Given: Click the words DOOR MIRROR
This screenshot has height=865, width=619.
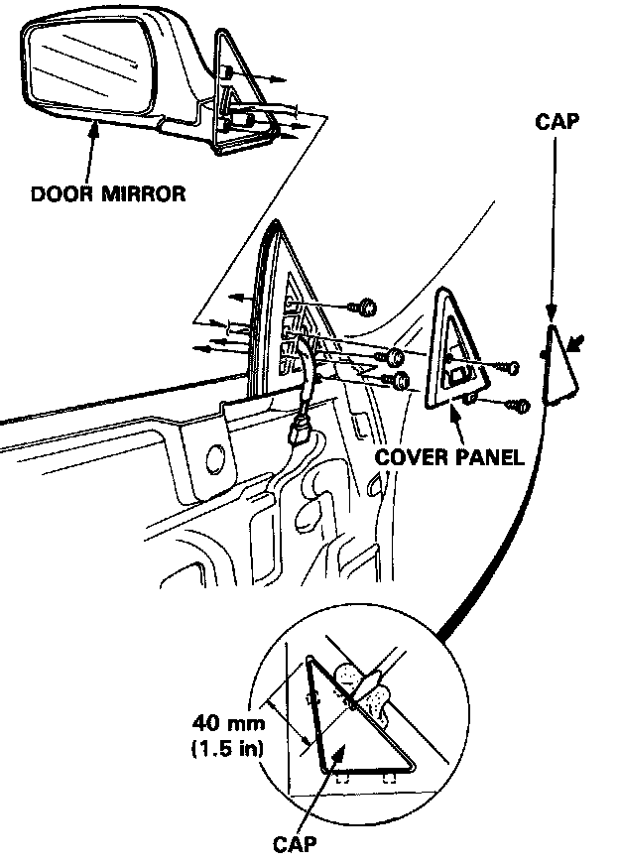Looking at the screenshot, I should coord(108,193).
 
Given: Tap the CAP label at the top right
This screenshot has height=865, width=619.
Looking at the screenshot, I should coord(556,122).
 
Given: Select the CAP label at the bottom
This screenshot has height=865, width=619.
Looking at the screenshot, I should coord(297,844).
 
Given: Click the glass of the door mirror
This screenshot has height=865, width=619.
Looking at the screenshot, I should coord(85,69).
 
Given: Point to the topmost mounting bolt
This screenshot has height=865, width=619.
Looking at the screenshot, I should coord(367,307).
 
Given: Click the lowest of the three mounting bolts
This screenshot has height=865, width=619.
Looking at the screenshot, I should coord(400,381).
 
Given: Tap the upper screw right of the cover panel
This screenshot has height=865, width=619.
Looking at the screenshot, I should coord(510,367).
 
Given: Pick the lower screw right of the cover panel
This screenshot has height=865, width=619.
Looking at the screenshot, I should coord(518,405).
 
